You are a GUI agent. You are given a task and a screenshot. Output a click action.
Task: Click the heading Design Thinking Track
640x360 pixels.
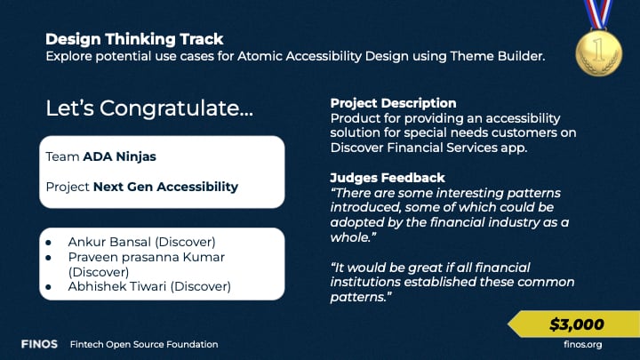click(134, 39)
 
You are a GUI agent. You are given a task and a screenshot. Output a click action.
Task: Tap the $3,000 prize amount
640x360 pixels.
click(576, 324)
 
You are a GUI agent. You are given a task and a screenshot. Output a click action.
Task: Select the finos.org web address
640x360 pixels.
click(584, 344)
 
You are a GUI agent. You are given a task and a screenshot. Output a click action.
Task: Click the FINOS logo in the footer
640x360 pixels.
click(40, 344)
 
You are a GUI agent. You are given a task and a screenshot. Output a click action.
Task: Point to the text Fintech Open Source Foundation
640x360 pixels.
click(144, 344)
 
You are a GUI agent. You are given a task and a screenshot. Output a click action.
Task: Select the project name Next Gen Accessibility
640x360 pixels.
click(165, 187)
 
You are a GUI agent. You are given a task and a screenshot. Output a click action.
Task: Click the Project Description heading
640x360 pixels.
click(393, 103)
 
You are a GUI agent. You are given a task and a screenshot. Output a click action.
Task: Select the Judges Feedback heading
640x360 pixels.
click(388, 178)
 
